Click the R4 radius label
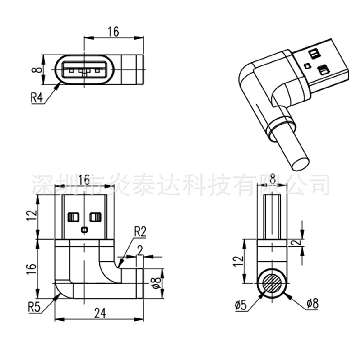click(37, 97)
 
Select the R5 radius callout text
click(35, 308)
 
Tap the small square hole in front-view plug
click(84, 230)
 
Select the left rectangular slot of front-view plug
click(73, 217)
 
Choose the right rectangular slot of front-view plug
click(95, 217)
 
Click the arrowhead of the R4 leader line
click(59, 84)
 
